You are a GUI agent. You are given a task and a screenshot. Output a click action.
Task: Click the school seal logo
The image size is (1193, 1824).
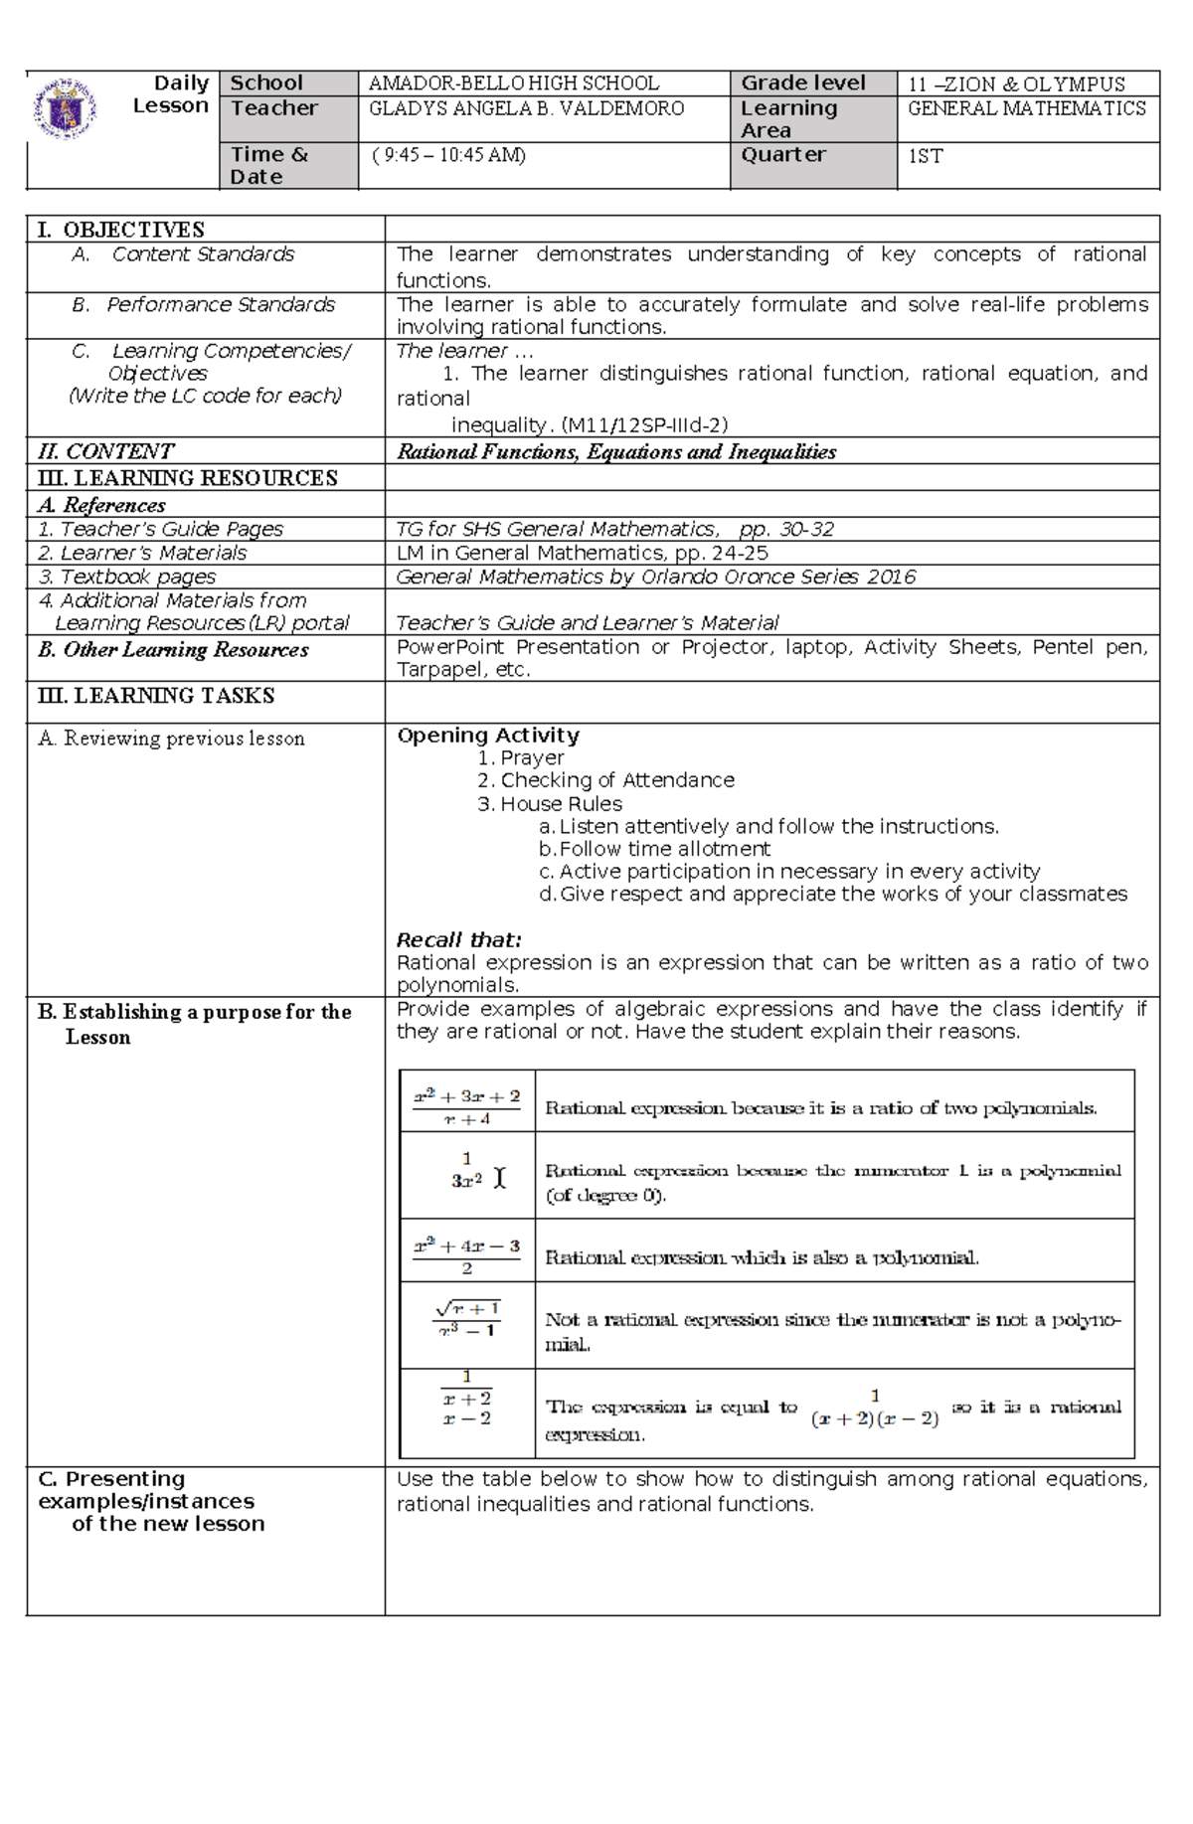[x=65, y=108]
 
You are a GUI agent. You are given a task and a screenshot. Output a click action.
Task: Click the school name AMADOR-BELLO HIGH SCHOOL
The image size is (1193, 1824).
[x=513, y=83]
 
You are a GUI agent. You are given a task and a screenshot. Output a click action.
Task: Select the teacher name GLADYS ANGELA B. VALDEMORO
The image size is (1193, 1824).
[x=526, y=108]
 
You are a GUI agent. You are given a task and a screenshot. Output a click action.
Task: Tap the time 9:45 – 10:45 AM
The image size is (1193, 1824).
[x=449, y=155]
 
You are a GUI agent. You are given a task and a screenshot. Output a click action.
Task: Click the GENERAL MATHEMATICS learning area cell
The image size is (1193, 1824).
[x=1026, y=108]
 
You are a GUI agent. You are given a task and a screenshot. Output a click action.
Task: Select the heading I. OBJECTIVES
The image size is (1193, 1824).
[x=120, y=230]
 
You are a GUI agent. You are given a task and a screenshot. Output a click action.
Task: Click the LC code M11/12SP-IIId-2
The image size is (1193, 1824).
[x=644, y=425]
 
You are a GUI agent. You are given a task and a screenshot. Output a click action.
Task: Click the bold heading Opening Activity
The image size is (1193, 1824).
[x=487, y=736]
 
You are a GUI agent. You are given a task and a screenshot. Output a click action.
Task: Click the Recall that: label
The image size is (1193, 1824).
[x=458, y=939]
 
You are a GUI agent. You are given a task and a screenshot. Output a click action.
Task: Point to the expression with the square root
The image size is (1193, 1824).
[x=468, y=1319]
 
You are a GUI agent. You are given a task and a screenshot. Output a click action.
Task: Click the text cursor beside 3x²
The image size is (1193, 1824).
[x=499, y=1179]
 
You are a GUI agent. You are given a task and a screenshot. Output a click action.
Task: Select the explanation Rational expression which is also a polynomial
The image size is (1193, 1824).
[x=762, y=1257]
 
